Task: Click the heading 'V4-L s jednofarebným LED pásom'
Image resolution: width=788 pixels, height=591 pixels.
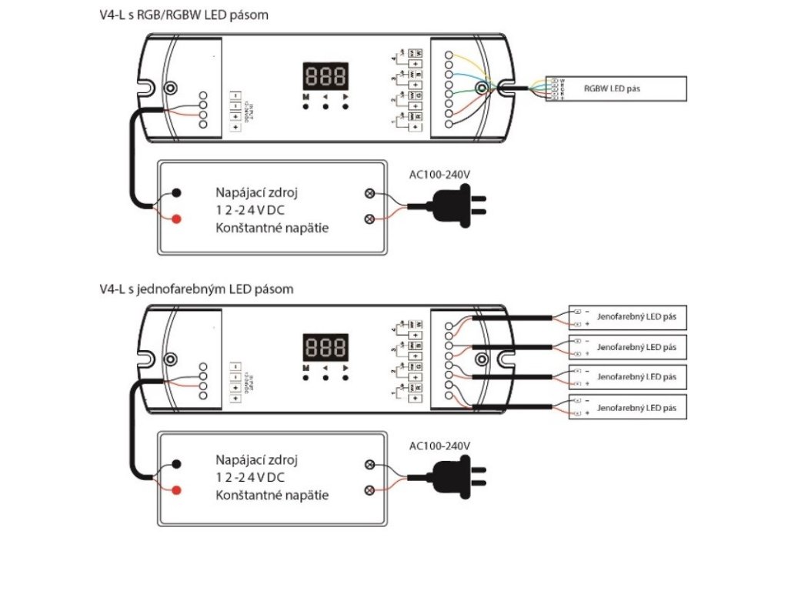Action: [196, 289]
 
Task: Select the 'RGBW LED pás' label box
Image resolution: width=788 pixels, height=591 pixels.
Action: [616, 89]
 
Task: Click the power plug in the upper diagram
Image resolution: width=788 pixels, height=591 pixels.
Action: [458, 205]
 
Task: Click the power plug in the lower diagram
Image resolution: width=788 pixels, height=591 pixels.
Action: [458, 478]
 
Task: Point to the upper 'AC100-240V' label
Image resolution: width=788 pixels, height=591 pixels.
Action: [439, 175]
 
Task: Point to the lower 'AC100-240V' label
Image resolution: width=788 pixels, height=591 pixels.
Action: [439, 446]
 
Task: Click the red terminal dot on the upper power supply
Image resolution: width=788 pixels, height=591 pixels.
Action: [177, 219]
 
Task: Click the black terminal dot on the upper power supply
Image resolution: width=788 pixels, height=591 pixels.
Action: [177, 192]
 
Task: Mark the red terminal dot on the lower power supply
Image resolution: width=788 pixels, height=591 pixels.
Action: [177, 490]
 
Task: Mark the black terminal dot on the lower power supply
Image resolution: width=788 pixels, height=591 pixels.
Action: [177, 464]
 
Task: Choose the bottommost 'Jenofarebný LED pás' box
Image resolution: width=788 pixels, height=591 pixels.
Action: [627, 406]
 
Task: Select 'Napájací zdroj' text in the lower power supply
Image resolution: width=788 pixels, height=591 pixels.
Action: [257, 460]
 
